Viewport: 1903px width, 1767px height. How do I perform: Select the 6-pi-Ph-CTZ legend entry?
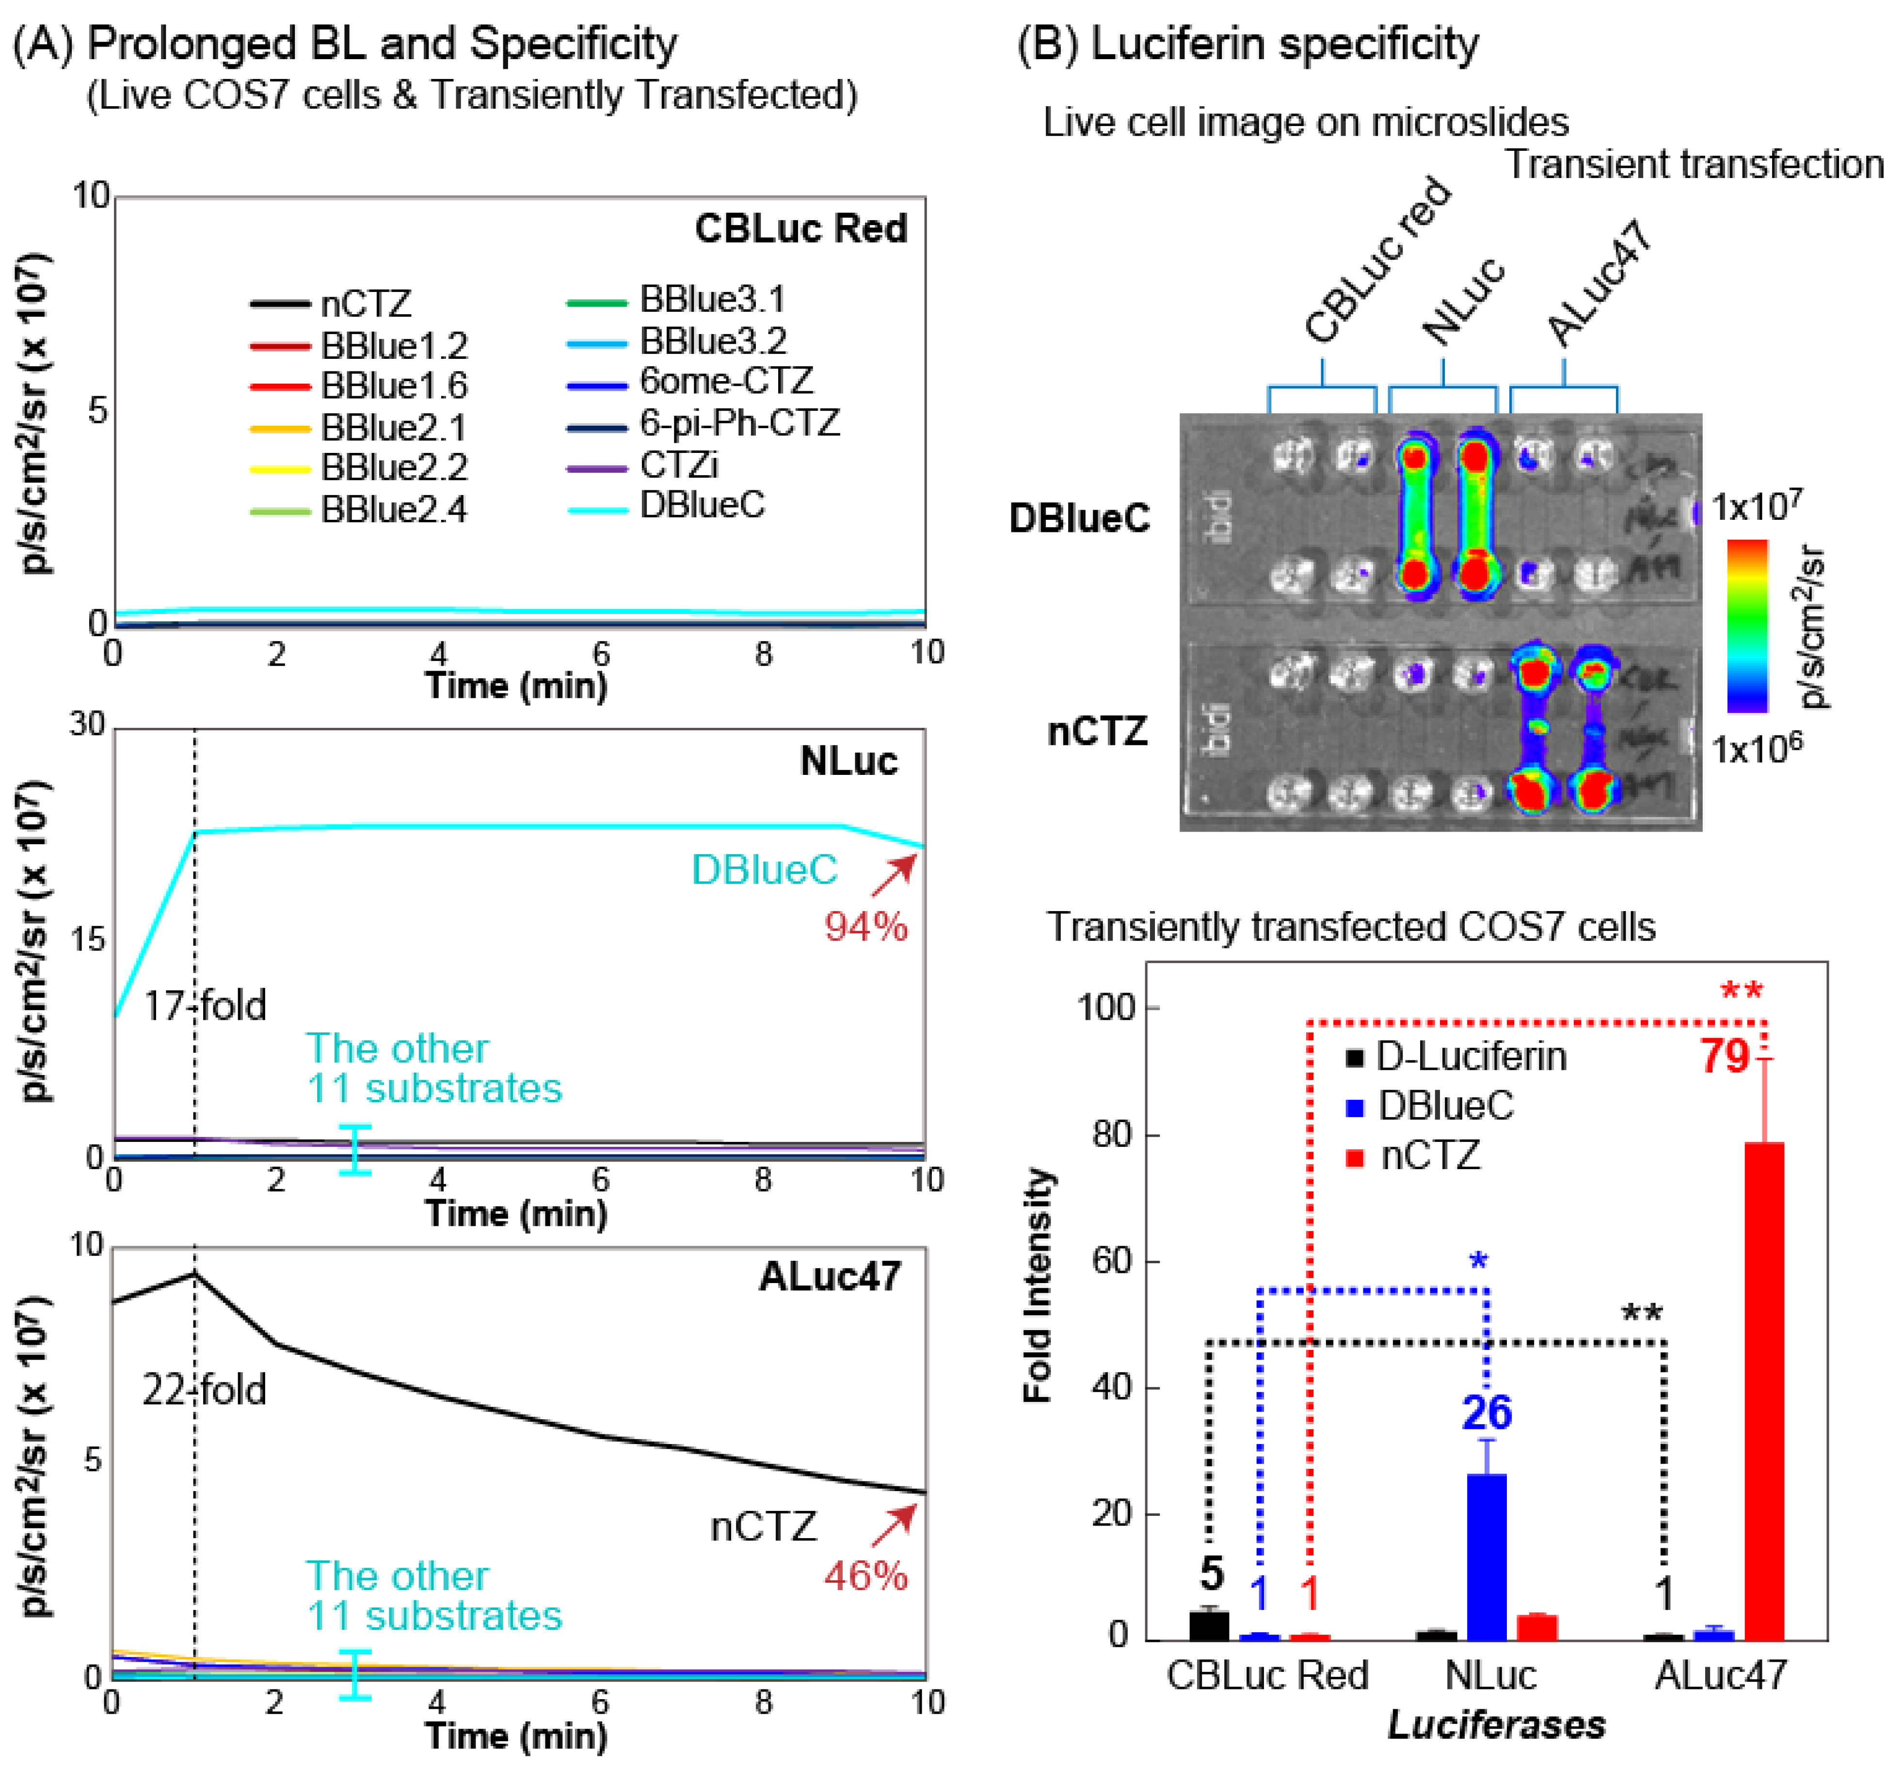[x=739, y=423]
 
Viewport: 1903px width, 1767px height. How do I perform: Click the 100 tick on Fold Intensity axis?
[x=1106, y=1007]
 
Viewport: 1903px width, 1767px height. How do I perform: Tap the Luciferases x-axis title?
[x=1496, y=1725]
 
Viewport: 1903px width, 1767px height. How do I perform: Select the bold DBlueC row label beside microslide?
[x=1079, y=518]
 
